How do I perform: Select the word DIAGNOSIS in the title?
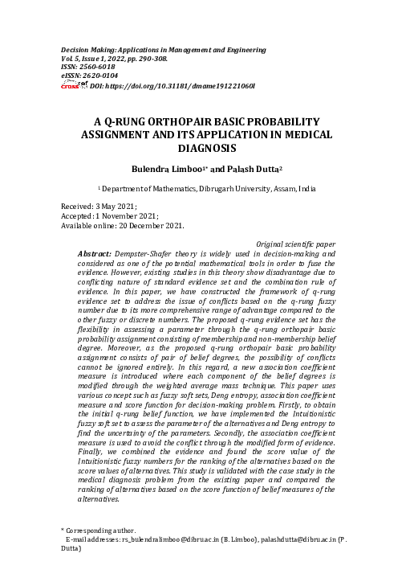pyautogui.click(x=207, y=149)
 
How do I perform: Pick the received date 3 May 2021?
pyautogui.click(x=114, y=207)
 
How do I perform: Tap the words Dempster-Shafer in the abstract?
pyautogui.click(x=141, y=253)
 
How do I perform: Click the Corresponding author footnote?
pyautogui.click(x=100, y=531)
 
